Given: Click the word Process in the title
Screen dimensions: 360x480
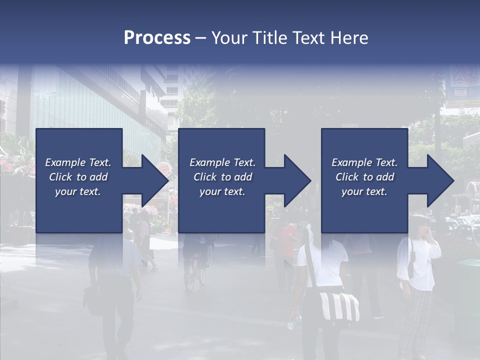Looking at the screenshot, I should [157, 38].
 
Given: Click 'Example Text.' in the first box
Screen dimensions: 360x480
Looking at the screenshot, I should [78, 162].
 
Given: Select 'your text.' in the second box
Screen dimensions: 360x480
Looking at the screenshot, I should [222, 192].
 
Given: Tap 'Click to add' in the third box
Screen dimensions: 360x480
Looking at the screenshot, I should [364, 177].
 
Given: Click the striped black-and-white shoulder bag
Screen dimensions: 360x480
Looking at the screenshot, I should [340, 306].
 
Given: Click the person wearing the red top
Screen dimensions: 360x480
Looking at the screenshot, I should [286, 245].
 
